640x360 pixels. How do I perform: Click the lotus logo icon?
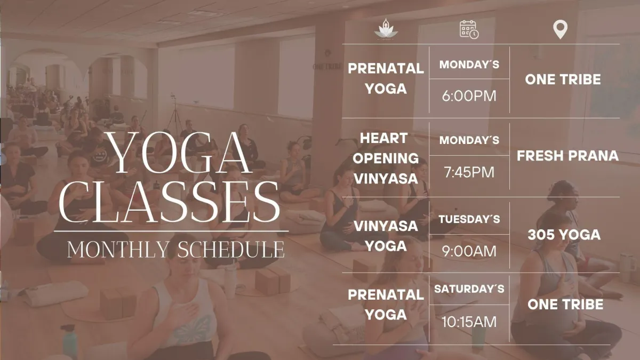pyautogui.click(x=386, y=28)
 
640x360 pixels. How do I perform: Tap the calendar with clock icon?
pyautogui.click(x=469, y=29)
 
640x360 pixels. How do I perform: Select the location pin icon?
pyautogui.click(x=560, y=29)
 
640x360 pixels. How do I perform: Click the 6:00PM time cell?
pyautogui.click(x=469, y=95)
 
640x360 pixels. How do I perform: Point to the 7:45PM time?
pyautogui.click(x=469, y=172)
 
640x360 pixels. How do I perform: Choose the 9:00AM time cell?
pyautogui.click(x=469, y=251)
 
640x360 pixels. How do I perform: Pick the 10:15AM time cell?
pyautogui.click(x=469, y=322)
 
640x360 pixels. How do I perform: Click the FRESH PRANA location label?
pyautogui.click(x=567, y=156)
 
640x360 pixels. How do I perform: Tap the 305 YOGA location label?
pyautogui.click(x=564, y=235)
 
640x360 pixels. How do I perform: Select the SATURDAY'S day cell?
pyautogui.click(x=469, y=289)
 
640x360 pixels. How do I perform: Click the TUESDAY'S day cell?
pyautogui.click(x=469, y=219)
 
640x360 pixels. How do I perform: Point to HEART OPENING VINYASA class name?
pyautogui.click(x=386, y=158)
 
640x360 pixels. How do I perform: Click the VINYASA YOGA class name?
pyautogui.click(x=386, y=236)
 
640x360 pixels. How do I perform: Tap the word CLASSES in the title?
pyautogui.click(x=169, y=202)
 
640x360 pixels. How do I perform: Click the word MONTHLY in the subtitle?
pyautogui.click(x=118, y=250)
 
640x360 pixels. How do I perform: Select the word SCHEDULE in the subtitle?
pyautogui.click(x=231, y=250)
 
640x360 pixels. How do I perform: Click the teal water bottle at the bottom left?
pyautogui.click(x=69, y=341)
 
